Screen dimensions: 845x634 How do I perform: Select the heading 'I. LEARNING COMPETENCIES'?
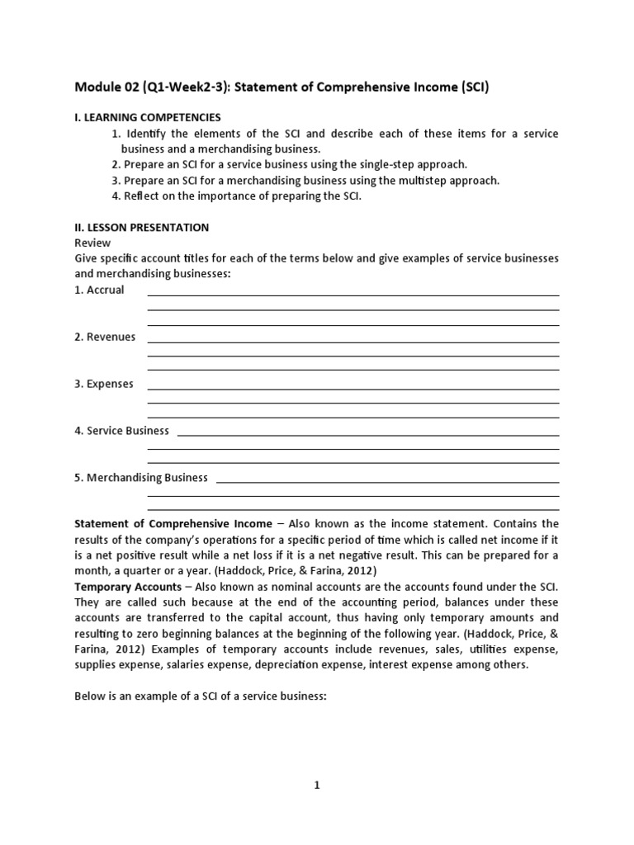(x=148, y=118)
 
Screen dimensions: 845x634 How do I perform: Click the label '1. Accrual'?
(x=99, y=290)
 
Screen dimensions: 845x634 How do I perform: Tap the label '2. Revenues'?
(x=105, y=337)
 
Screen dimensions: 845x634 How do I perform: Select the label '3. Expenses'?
(x=103, y=384)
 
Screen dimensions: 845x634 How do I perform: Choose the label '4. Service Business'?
(x=121, y=430)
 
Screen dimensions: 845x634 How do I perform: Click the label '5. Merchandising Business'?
(x=141, y=477)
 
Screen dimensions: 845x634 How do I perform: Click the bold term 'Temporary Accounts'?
(x=128, y=586)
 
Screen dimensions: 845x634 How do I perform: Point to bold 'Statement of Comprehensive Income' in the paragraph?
(x=173, y=523)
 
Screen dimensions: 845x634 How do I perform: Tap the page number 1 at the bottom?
(x=316, y=786)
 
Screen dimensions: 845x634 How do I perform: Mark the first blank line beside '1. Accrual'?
(x=352, y=295)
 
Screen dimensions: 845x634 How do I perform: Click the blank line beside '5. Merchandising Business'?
(x=386, y=482)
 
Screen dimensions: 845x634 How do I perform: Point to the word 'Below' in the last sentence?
(x=90, y=696)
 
